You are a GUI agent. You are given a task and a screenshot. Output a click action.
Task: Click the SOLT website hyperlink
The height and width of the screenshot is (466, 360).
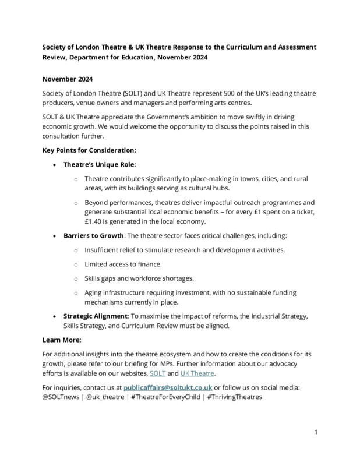(157, 373)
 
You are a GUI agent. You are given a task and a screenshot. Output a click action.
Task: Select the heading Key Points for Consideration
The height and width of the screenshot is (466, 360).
(90, 150)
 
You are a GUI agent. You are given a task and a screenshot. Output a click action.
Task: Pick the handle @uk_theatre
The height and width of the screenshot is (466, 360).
(105, 397)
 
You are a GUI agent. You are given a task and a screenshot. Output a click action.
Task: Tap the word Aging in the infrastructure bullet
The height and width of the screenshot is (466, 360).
(95, 292)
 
